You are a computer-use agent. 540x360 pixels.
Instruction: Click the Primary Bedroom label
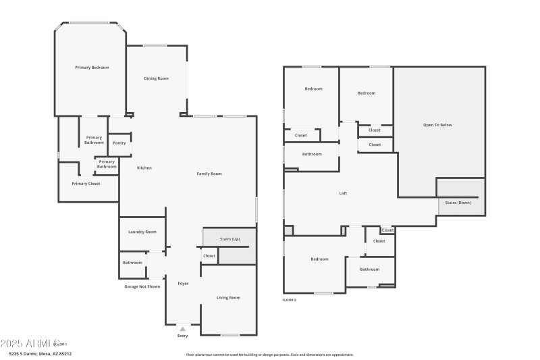pyautogui.click(x=92, y=68)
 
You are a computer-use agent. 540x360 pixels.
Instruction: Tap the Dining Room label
pyautogui.click(x=156, y=78)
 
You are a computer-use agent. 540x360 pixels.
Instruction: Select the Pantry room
pyautogui.click(x=119, y=143)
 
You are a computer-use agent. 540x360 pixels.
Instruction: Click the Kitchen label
pyautogui.click(x=144, y=168)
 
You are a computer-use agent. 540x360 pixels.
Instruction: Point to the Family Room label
pyautogui.click(x=209, y=174)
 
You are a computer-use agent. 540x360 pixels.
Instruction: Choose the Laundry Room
pyautogui.click(x=142, y=232)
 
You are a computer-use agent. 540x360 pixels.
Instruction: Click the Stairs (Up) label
pyautogui.click(x=230, y=238)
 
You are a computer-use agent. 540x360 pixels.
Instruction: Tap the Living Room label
pyautogui.click(x=228, y=297)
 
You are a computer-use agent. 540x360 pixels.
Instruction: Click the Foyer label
pyautogui.click(x=183, y=283)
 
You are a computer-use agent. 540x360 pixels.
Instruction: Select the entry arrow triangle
pyautogui.click(x=182, y=329)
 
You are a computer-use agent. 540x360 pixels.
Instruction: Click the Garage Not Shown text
pyautogui.click(x=142, y=286)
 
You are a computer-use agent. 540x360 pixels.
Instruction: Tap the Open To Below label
pyautogui.click(x=437, y=125)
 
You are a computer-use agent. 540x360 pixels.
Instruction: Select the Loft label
pyautogui.click(x=343, y=193)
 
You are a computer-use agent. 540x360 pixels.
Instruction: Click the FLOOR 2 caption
pyautogui.click(x=289, y=299)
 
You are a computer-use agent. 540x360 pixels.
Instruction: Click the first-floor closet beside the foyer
pyautogui.click(x=209, y=256)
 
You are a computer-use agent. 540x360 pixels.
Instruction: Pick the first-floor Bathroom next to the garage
pyautogui.click(x=132, y=262)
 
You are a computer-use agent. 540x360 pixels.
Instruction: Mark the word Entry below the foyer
pyautogui.click(x=182, y=336)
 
